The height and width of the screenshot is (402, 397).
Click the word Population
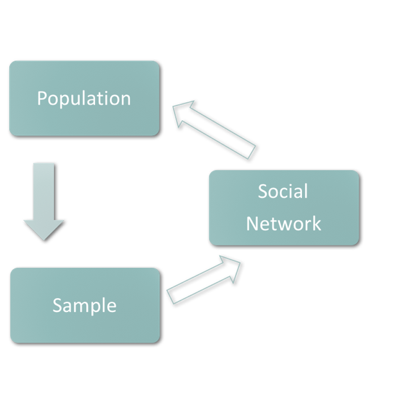tap(84, 98)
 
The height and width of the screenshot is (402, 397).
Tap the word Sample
tap(84, 305)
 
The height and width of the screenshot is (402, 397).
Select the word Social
tap(283, 191)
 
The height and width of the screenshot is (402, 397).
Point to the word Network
tap(283, 223)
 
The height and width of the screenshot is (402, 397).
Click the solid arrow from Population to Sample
tap(44, 200)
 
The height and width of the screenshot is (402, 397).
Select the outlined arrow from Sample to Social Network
tap(202, 280)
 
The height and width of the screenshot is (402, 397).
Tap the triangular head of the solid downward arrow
tap(44, 229)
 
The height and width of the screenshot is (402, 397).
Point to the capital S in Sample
tap(57, 305)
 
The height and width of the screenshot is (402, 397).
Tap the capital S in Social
tap(262, 191)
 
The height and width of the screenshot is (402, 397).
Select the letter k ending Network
tap(317, 223)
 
